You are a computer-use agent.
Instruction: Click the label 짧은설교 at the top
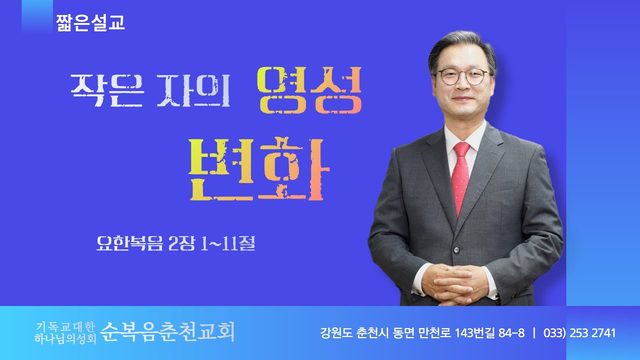pyautogui.click(x=91, y=22)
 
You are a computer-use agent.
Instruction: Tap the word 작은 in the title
pyautogui.click(x=107, y=90)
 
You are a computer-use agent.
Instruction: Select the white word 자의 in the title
pyautogui.click(x=193, y=90)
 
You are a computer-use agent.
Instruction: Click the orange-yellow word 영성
pyautogui.click(x=309, y=90)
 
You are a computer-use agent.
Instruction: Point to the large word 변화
pyautogui.click(x=259, y=169)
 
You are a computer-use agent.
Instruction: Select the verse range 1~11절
pyautogui.click(x=228, y=244)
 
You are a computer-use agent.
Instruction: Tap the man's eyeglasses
pyautogui.click(x=463, y=76)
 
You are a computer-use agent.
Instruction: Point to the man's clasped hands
pyautogui.click(x=454, y=283)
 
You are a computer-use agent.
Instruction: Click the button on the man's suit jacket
pyautogui.click(x=456, y=250)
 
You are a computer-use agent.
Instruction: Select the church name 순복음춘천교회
pyautogui.click(x=167, y=332)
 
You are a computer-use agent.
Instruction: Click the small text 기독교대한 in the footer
pyautogui.click(x=65, y=327)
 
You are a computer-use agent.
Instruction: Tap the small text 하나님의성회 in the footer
pyautogui.click(x=65, y=338)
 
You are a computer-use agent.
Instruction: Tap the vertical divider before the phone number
pyautogui.click(x=534, y=333)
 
